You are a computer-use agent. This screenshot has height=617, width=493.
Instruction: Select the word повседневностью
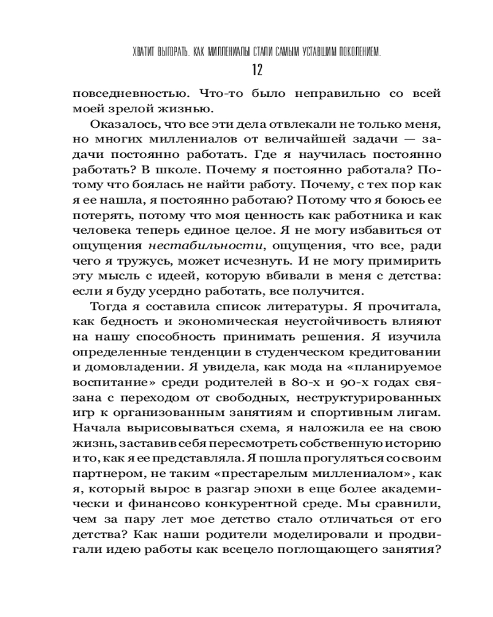(x=128, y=94)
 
